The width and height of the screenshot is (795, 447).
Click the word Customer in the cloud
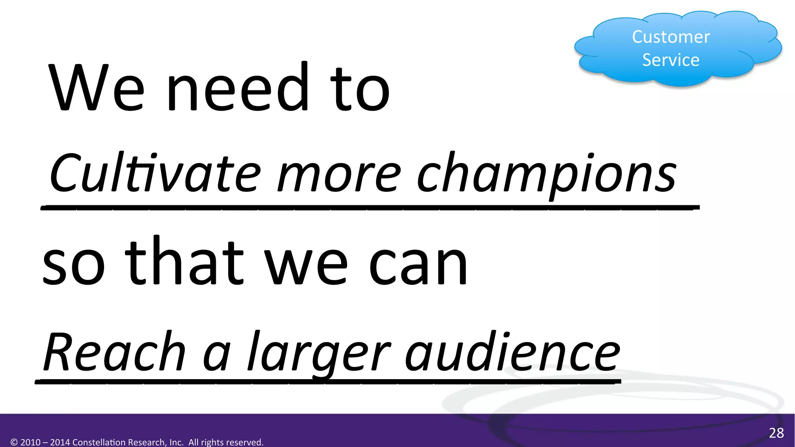[x=671, y=37]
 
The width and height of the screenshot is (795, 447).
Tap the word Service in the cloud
[x=671, y=60]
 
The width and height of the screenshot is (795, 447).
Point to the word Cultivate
[x=155, y=173]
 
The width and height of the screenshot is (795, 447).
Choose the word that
[x=184, y=262]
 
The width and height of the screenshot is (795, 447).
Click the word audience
[x=512, y=352]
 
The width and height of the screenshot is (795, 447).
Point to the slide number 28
[x=776, y=433]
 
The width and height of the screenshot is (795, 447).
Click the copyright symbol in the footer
[x=14, y=442]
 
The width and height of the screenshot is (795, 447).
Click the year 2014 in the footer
[x=61, y=442]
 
